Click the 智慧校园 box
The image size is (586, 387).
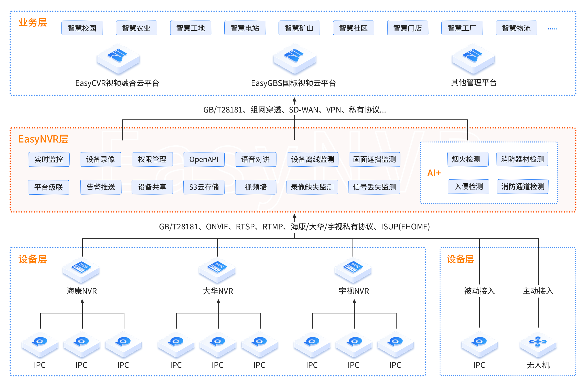82,28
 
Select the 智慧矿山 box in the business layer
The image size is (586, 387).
299,28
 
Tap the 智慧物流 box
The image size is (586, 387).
516,28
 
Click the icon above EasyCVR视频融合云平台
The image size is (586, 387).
118,59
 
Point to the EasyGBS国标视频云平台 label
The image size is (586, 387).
293,83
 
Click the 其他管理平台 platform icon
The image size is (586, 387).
473,59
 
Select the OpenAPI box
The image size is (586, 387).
204,159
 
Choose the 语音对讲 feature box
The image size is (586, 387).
255,159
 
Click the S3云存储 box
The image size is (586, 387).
204,187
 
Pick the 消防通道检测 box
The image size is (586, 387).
523,187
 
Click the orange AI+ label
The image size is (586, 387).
434,173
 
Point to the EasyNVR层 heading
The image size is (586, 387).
43,139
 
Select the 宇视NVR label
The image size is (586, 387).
354,291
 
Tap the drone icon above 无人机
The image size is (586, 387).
538,343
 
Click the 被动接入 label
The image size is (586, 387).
479,291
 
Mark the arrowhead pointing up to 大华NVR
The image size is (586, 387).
218,301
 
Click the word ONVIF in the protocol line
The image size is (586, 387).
217,227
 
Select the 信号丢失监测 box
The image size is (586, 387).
374,187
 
